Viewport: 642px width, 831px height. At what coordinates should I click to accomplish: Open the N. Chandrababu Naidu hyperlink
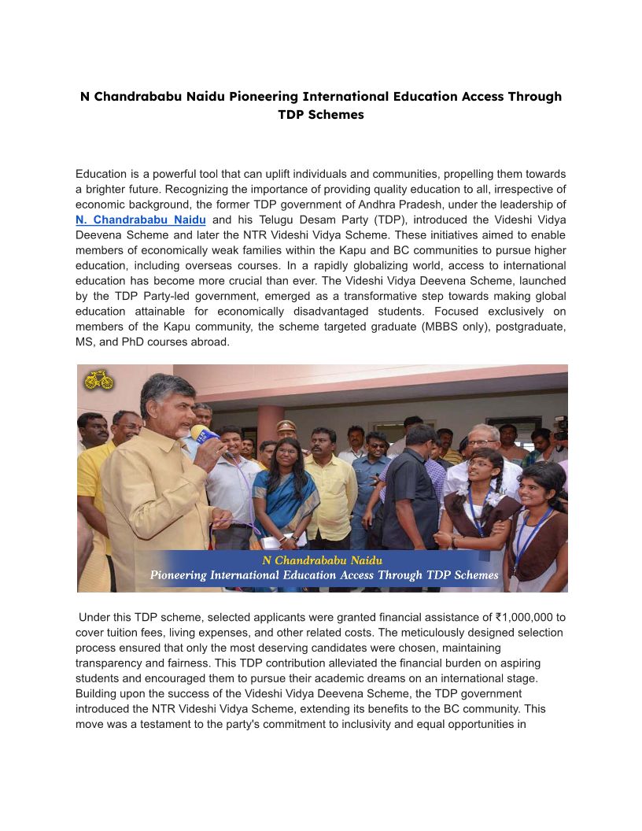click(x=141, y=220)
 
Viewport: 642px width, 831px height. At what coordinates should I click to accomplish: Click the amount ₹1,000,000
click(x=515, y=618)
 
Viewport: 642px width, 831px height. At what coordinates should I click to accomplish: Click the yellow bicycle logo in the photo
click(x=99, y=381)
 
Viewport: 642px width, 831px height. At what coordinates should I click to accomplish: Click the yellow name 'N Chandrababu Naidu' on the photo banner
click(x=323, y=560)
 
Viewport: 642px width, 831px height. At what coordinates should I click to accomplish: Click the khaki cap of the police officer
click(x=286, y=426)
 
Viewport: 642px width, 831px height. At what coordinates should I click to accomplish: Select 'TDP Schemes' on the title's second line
click(x=321, y=115)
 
